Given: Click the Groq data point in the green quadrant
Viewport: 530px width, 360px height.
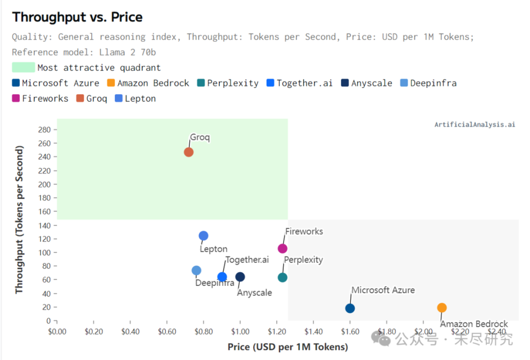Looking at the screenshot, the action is (189, 152).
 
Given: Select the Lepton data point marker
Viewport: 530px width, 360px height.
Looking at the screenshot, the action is (204, 235).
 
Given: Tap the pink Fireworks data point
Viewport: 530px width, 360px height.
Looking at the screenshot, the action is (282, 249).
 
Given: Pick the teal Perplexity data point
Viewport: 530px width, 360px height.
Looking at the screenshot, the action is (282, 277).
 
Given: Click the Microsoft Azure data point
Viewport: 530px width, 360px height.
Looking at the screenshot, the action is (350, 308).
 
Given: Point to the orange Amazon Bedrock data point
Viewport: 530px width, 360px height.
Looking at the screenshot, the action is (442, 308).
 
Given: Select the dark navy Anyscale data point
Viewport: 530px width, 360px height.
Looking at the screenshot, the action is (240, 277).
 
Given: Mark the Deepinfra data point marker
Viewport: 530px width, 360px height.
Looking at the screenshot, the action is (197, 270).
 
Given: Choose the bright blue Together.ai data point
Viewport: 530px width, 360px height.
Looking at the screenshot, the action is (222, 277).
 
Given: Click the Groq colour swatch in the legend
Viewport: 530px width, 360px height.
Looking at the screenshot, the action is (80, 99).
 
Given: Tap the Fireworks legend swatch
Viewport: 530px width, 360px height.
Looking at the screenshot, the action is (15, 99).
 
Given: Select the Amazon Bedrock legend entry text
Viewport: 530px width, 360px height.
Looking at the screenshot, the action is (153, 83).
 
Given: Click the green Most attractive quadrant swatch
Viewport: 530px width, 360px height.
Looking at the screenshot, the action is (23, 67).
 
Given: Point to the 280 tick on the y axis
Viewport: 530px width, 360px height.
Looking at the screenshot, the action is (45, 130).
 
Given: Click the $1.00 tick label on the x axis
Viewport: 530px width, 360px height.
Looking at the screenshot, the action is (240, 331).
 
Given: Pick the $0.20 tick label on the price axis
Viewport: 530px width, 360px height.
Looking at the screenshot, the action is (94, 331).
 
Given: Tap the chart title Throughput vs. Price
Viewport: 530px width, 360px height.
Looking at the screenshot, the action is (77, 17).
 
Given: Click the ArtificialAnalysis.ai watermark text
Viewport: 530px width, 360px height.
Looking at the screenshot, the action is (474, 125).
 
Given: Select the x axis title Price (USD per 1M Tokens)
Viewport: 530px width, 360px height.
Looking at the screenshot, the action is (288, 347).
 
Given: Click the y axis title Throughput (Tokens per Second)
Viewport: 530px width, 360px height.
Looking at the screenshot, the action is (19, 219).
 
